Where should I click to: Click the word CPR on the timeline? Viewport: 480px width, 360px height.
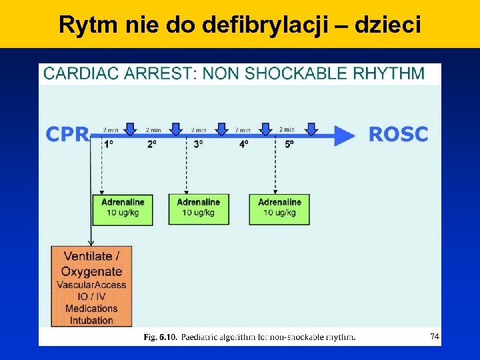[67, 134]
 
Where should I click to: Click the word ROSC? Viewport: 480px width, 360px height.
[398, 134]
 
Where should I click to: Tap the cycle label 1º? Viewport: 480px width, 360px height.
[108, 144]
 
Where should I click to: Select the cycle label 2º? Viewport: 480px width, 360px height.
[152, 144]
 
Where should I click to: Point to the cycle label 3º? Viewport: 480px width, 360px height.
[198, 144]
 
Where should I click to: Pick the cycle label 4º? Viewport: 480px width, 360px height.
[243, 144]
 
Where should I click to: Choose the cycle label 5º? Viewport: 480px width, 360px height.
[288, 144]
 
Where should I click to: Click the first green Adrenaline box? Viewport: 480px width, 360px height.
[123, 208]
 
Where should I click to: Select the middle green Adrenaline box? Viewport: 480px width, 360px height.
[198, 208]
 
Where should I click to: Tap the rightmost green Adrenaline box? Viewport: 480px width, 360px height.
[279, 208]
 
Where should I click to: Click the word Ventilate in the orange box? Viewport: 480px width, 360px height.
[89, 257]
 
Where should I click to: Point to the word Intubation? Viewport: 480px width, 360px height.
[91, 320]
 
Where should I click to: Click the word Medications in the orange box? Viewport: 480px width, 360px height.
[91, 308]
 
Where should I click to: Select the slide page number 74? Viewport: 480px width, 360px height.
[434, 337]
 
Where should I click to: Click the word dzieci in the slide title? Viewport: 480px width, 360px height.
[388, 25]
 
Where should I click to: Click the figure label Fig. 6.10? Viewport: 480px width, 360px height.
[161, 337]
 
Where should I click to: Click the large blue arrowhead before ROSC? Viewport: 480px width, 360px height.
[344, 135]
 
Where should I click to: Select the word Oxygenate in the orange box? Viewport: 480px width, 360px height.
[91, 271]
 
